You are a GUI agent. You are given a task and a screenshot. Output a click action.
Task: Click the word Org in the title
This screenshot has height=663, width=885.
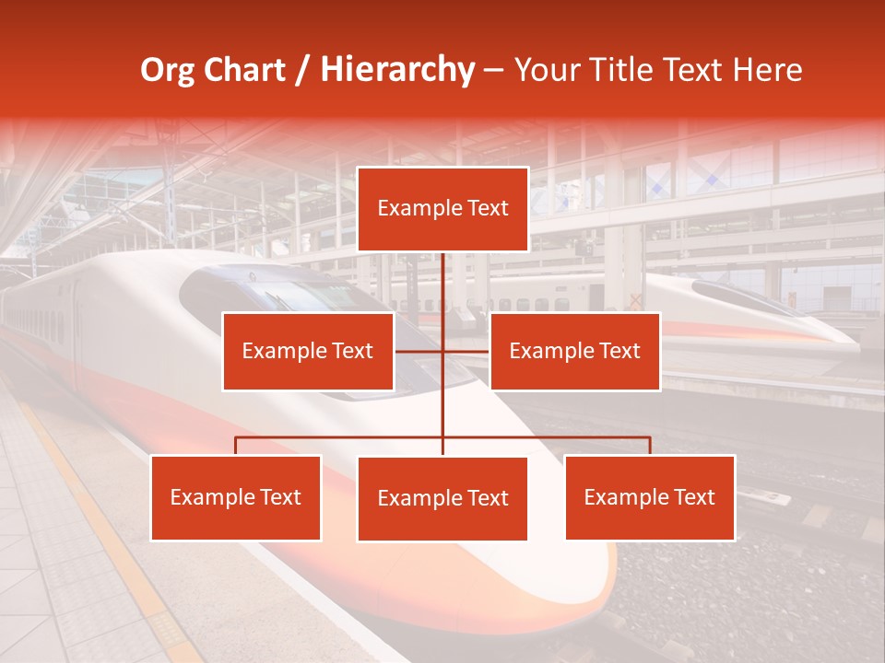click(166, 70)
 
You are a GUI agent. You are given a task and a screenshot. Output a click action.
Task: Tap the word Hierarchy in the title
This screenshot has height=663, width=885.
click(396, 70)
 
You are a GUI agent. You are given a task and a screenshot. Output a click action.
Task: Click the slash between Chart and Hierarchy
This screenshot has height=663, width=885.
click(301, 70)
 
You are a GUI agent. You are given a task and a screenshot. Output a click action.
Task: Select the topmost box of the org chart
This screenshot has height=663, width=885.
click(442, 209)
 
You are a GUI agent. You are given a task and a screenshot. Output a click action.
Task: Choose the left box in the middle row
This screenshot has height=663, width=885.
click(308, 351)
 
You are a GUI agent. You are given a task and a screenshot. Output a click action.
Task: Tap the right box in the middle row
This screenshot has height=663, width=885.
click(574, 351)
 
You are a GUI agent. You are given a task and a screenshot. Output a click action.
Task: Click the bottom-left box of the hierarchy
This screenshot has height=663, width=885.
click(236, 497)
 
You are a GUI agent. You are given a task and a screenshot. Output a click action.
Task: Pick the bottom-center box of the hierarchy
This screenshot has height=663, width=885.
click(442, 498)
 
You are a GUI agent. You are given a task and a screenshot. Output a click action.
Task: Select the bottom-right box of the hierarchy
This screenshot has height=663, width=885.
click(650, 497)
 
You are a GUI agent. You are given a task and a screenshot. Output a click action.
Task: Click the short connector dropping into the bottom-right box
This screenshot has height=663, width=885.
click(650, 446)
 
